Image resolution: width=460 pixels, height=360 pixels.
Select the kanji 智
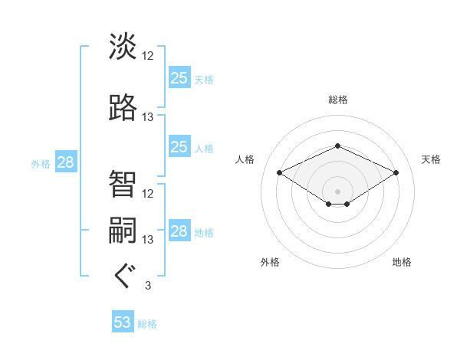123,183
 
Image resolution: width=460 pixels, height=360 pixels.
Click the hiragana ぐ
123,276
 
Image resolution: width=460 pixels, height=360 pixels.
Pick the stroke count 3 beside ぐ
148,286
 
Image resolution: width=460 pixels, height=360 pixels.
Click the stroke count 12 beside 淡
148,56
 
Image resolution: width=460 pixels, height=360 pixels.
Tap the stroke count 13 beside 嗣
148,240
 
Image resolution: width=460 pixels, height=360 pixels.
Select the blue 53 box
123,322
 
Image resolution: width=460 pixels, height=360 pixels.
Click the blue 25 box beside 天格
179,78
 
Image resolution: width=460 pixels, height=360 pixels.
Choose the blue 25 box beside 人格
179,147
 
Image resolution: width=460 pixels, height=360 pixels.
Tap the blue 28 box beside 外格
65,162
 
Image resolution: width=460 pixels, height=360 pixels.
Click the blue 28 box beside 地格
179,231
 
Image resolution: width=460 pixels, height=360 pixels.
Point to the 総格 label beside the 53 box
147,324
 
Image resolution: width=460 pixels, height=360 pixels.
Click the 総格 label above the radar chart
337,100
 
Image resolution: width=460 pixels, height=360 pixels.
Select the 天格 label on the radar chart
431,159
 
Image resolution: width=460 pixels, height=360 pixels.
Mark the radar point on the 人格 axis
279,172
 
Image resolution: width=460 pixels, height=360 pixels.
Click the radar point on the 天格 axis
396,172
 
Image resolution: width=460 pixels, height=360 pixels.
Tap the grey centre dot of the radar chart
337,190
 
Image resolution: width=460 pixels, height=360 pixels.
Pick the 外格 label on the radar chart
270,262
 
